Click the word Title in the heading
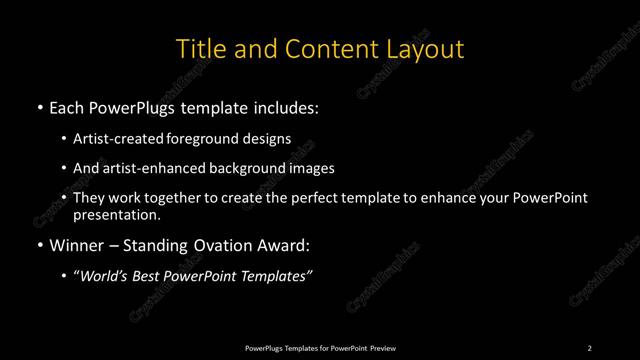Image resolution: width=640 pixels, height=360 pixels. tap(200, 48)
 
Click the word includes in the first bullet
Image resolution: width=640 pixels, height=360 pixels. tap(290, 105)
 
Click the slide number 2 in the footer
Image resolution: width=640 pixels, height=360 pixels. tap(589, 347)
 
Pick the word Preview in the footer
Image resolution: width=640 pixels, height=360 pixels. tap(382, 347)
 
